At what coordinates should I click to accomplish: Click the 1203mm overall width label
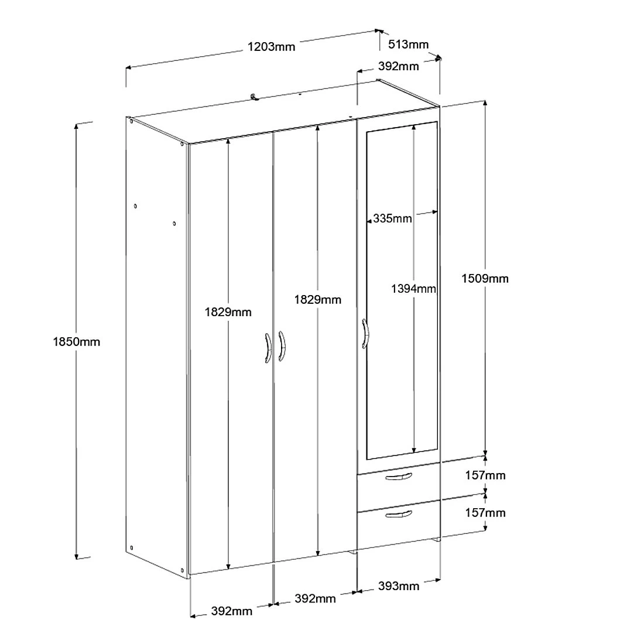click(x=271, y=47)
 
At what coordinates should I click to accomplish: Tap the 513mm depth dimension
click(x=408, y=44)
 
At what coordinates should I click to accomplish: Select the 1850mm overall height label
click(x=76, y=342)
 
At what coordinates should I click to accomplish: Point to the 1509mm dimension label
click(x=485, y=279)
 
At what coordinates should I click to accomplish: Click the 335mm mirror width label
click(x=392, y=218)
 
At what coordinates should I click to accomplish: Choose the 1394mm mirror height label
click(x=413, y=289)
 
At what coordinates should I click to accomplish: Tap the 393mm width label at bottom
click(x=399, y=586)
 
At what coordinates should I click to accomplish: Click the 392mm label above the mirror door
click(x=398, y=67)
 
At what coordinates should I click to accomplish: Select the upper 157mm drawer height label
click(x=485, y=475)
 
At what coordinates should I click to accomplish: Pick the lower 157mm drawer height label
click(x=485, y=513)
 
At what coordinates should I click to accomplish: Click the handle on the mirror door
click(x=365, y=334)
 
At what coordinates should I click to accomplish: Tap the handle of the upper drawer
click(x=398, y=477)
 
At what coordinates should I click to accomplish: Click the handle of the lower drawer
click(x=398, y=514)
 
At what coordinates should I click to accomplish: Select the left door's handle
click(x=268, y=348)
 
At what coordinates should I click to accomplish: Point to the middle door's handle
click(x=282, y=346)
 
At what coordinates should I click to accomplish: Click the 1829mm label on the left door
click(x=228, y=312)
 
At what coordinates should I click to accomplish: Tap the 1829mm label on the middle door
click(x=317, y=300)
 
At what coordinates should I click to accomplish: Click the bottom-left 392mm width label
click(x=232, y=611)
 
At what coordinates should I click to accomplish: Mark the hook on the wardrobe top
click(x=255, y=97)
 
